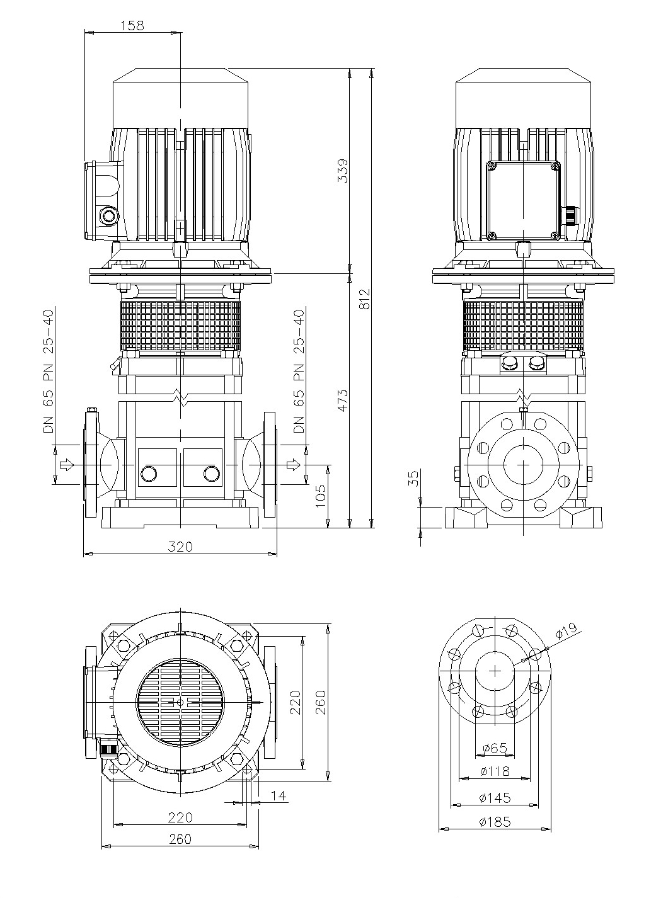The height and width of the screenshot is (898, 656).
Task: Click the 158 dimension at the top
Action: pos(132,25)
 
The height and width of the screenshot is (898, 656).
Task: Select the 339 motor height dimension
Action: pos(343,171)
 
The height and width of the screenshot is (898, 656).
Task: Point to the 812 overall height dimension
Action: pos(364,298)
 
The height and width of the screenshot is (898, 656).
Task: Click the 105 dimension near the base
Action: pos(320,496)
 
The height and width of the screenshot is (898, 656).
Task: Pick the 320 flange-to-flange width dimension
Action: pos(180,547)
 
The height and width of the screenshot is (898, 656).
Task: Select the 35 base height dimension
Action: pos(413,479)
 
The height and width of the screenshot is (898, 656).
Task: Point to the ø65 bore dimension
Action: pos(495,747)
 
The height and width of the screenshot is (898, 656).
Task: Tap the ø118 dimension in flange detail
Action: pos(495,771)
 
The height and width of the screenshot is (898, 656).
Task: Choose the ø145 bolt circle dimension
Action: pos(495,798)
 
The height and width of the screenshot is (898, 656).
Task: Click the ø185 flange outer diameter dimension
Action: pos(495,822)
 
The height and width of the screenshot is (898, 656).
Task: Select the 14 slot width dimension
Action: pos(279,796)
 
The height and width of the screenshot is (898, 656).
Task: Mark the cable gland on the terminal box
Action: pos(570,215)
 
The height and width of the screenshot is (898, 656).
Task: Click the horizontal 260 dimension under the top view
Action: pos(180,839)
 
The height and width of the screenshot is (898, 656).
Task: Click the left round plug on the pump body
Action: pos(150,474)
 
